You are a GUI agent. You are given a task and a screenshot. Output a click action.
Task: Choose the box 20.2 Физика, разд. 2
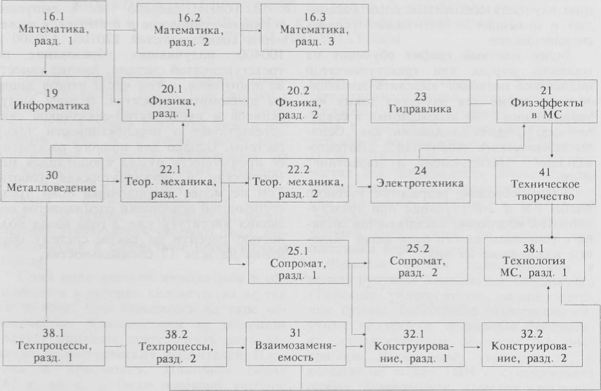coord(298,101)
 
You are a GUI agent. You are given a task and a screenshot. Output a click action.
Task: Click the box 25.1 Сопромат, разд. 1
coord(298,262)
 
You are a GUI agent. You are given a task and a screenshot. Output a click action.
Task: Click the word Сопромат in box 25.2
coord(418,261)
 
